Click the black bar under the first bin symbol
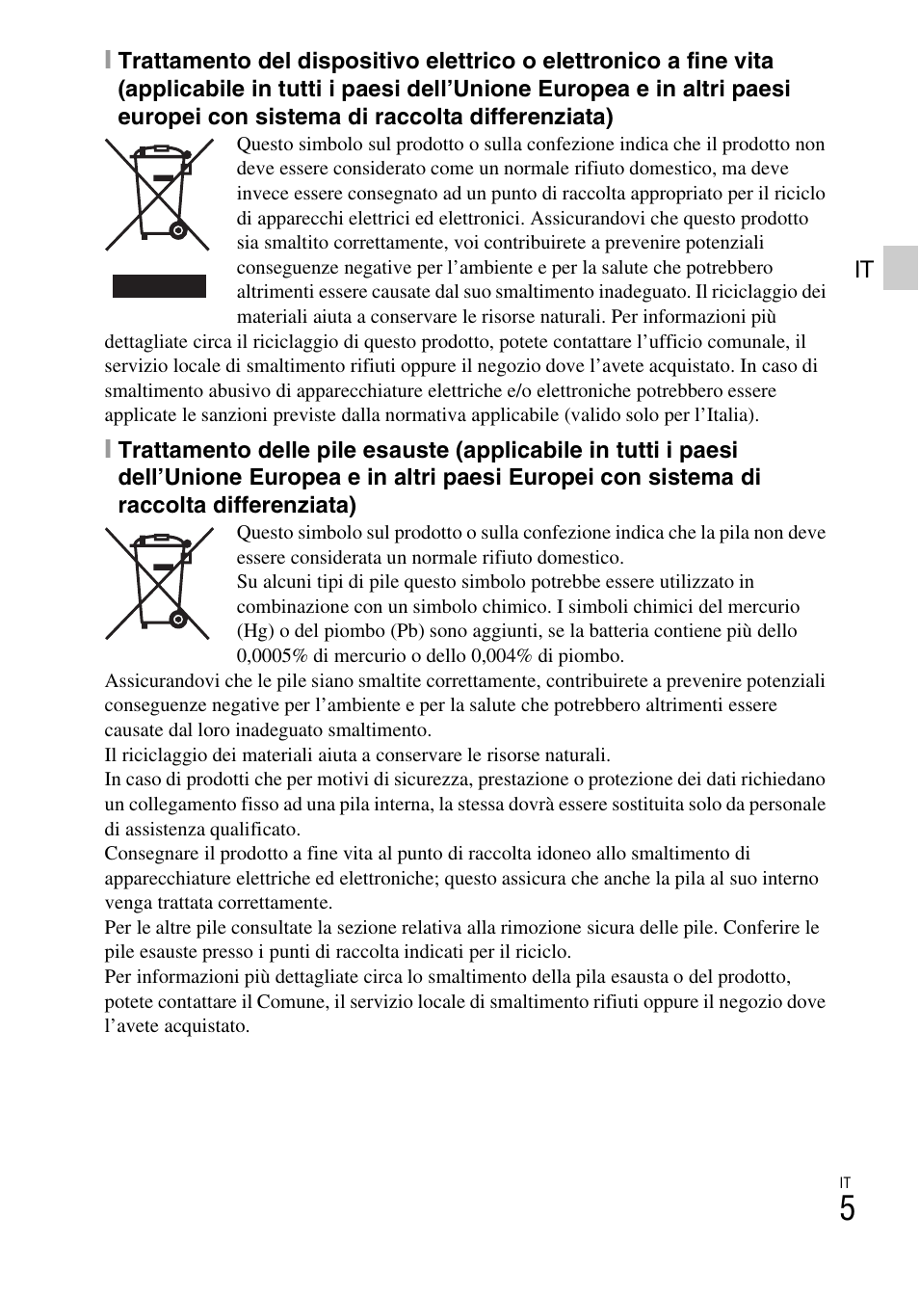[159, 286]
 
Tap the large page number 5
[846, 1209]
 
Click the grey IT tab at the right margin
[900, 268]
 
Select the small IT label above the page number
[845, 1182]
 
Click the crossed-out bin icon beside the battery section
[159, 583]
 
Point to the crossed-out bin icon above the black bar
[159, 195]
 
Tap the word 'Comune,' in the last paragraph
[292, 1001]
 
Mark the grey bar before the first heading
[109, 62]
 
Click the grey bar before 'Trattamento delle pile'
[109, 450]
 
